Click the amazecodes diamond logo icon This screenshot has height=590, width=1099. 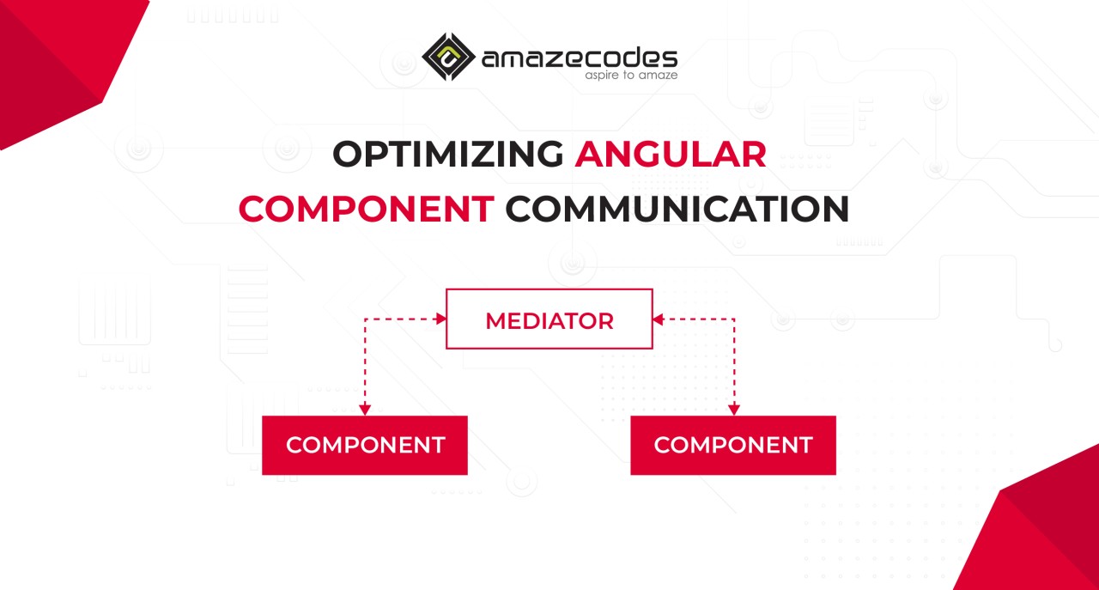[448, 57]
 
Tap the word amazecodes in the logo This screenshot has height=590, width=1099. [580, 58]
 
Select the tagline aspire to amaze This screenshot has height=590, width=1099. [631, 75]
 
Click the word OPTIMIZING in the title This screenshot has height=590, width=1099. [448, 154]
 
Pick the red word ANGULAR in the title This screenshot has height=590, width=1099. [671, 154]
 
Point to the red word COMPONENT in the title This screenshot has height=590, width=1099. [367, 209]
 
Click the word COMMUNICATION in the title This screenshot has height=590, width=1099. [677, 209]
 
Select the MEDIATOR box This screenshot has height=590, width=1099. [549, 319]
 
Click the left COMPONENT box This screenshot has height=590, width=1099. [365, 445]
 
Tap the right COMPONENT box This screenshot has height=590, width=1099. [733, 445]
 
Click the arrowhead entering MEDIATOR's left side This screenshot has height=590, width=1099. [441, 319]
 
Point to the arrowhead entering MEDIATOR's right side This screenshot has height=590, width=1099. [659, 319]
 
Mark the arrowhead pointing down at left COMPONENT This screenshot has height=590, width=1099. [365, 410]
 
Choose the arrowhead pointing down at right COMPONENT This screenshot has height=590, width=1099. [734, 410]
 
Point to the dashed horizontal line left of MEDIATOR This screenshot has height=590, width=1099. [401, 319]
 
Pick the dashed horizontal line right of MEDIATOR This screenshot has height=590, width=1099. [699, 319]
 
